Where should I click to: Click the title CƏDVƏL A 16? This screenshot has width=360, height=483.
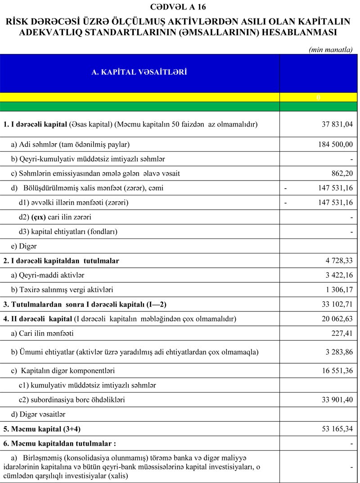(180, 7)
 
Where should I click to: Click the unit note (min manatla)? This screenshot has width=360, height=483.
(331, 50)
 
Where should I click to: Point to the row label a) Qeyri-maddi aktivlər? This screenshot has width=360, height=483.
(47, 275)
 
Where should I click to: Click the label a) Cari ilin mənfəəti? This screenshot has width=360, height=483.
(42, 334)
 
